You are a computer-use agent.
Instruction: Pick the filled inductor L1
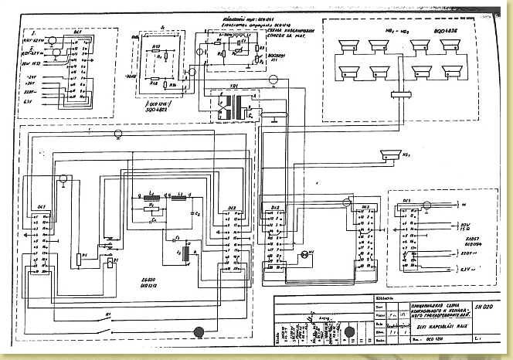(x=151, y=197)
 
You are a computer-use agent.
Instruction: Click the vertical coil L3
(x=183, y=251)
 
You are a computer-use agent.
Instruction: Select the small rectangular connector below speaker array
(x=402, y=95)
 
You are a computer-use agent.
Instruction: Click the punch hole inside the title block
(x=349, y=333)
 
